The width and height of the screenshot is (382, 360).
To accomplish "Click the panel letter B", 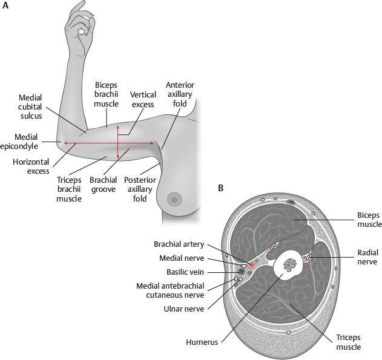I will tap(221, 188).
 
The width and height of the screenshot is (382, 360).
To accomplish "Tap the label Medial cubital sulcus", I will tap(30, 105).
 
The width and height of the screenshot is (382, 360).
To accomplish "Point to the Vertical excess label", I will tap(143, 99).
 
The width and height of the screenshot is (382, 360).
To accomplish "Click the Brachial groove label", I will tap(103, 185).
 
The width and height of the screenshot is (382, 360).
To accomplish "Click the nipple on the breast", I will tap(174, 198).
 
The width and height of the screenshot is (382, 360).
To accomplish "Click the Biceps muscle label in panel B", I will tap(368, 219).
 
